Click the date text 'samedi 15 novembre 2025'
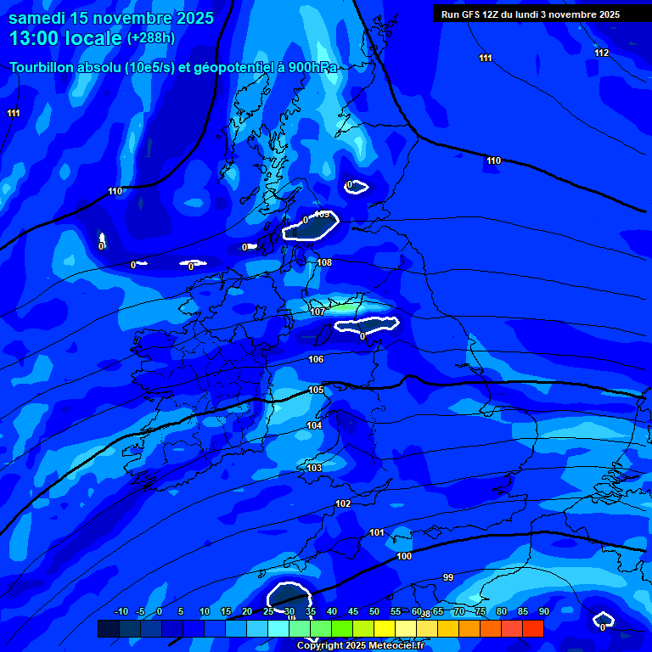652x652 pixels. pyautogui.click(x=111, y=18)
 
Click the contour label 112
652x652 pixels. pyautogui.click(x=602, y=53)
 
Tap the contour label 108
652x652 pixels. pyautogui.click(x=324, y=263)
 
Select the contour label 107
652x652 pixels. pyautogui.click(x=318, y=312)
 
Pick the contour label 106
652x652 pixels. pyautogui.click(x=316, y=360)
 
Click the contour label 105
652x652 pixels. pyautogui.click(x=316, y=391)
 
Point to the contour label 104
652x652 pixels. pyautogui.click(x=314, y=426)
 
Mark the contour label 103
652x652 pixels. pyautogui.click(x=314, y=469)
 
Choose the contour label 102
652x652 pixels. pyautogui.click(x=343, y=504)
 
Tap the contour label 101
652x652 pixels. pyautogui.click(x=377, y=533)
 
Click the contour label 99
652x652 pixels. pyautogui.click(x=448, y=578)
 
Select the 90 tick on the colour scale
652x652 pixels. pyautogui.click(x=543, y=612)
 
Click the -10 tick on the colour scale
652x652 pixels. pyautogui.click(x=121, y=612)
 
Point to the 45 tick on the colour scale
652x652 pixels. pyautogui.click(x=352, y=612)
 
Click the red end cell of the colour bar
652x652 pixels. pyautogui.click(x=533, y=629)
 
